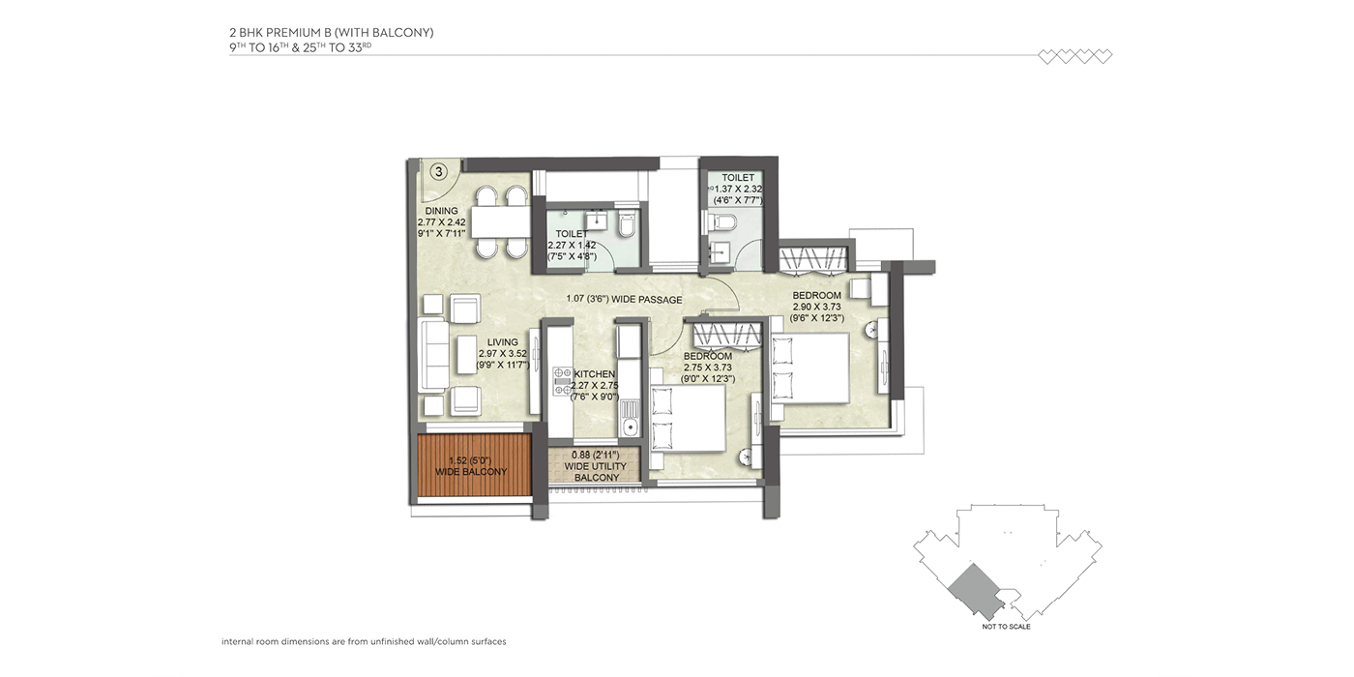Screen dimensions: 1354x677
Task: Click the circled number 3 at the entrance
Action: [x=439, y=172]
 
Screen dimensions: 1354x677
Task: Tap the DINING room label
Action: [x=441, y=221]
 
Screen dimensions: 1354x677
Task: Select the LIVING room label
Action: [x=503, y=354]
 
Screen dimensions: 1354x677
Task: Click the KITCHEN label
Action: [x=595, y=386]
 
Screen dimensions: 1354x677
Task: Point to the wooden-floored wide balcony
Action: [x=474, y=465]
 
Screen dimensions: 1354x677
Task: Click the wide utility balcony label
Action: [x=596, y=466]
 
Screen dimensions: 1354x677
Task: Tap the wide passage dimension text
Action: [x=625, y=299]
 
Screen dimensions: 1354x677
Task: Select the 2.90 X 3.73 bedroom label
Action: [x=816, y=307]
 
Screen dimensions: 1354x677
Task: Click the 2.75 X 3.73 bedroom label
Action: [x=708, y=368]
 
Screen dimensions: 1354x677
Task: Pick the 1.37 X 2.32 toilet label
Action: [x=737, y=189]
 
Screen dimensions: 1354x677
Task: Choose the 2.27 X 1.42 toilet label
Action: [x=572, y=245]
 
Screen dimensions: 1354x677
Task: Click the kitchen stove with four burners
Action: [x=562, y=381]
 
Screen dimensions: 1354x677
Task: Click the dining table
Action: [x=501, y=221]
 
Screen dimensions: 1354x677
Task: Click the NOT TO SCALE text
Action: [x=1007, y=627]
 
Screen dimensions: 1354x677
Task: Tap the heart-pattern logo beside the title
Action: [x=1075, y=56]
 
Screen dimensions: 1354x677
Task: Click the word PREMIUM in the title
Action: [x=291, y=33]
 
